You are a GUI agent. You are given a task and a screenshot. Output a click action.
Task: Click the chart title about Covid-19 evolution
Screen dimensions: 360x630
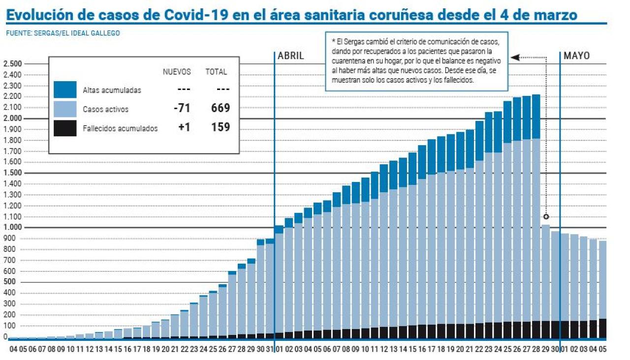pyautogui.click(x=291, y=15)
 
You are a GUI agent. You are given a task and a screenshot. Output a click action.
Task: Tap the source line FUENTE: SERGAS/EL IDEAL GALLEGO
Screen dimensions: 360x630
pyautogui.click(x=63, y=33)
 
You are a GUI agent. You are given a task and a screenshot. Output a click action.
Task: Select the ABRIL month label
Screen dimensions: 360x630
pyautogui.click(x=291, y=56)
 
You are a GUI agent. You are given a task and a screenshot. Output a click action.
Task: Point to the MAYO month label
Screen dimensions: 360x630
pyautogui.click(x=576, y=56)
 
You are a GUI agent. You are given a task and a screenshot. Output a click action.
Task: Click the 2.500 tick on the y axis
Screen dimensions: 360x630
pyautogui.click(x=12, y=64)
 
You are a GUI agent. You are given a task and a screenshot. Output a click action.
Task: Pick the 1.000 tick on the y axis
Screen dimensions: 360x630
pyautogui.click(x=12, y=228)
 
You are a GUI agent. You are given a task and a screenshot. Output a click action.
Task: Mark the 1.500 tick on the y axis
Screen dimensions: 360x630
pyautogui.click(x=12, y=173)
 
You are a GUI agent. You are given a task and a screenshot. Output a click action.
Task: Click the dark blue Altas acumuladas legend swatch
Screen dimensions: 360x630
pyautogui.click(x=65, y=90)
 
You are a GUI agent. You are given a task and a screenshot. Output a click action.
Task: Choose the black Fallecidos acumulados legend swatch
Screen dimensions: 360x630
pyautogui.click(x=65, y=128)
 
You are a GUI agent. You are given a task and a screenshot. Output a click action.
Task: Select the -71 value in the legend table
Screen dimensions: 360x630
pyautogui.click(x=182, y=108)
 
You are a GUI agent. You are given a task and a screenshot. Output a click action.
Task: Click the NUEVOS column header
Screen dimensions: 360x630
pyautogui.click(x=177, y=72)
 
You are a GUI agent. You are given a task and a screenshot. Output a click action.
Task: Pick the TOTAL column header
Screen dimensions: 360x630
pyautogui.click(x=216, y=72)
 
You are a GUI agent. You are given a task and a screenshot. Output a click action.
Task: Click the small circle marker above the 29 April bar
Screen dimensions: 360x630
pyautogui.click(x=546, y=216)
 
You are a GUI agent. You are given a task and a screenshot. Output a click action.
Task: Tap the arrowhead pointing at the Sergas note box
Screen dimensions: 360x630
pyautogui.click(x=514, y=58)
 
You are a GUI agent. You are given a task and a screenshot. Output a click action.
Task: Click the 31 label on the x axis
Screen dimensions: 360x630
pyautogui.click(x=270, y=349)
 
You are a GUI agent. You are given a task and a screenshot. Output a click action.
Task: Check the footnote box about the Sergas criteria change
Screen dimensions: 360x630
pyautogui.click(x=416, y=61)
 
